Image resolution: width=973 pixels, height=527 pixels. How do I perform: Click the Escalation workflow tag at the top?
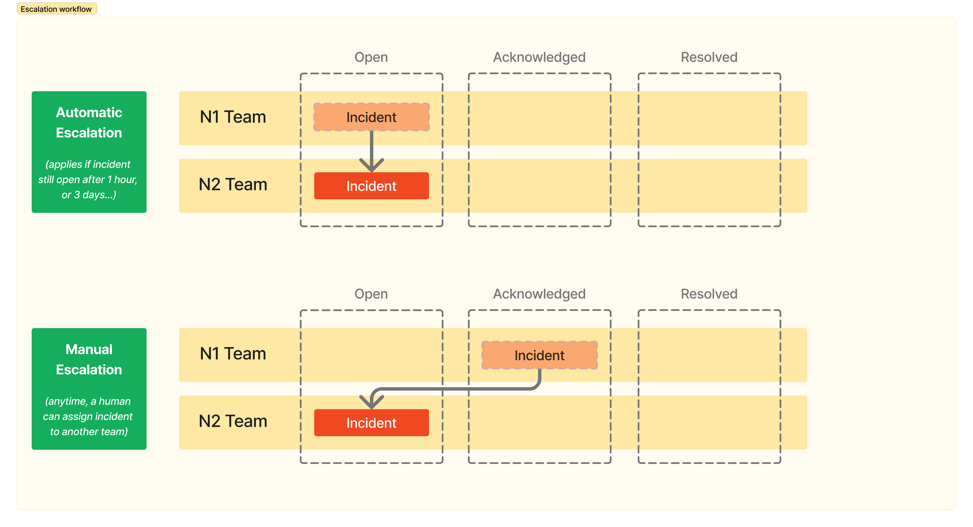pyautogui.click(x=57, y=9)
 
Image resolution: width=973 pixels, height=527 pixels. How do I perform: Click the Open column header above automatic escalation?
pyautogui.click(x=371, y=57)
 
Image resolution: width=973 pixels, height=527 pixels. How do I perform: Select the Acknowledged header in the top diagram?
pyautogui.click(x=539, y=57)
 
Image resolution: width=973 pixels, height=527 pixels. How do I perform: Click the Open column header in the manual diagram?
pyautogui.click(x=371, y=294)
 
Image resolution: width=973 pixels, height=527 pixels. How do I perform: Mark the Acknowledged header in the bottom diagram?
pyautogui.click(x=539, y=294)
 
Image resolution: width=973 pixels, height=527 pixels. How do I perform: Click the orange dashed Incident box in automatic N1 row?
pyautogui.click(x=371, y=117)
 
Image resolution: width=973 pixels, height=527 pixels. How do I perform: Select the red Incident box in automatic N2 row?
pyautogui.click(x=371, y=186)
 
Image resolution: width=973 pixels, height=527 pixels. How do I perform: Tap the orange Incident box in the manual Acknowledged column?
pyautogui.click(x=539, y=355)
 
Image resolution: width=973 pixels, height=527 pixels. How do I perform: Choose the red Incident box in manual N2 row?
pyautogui.click(x=371, y=423)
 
